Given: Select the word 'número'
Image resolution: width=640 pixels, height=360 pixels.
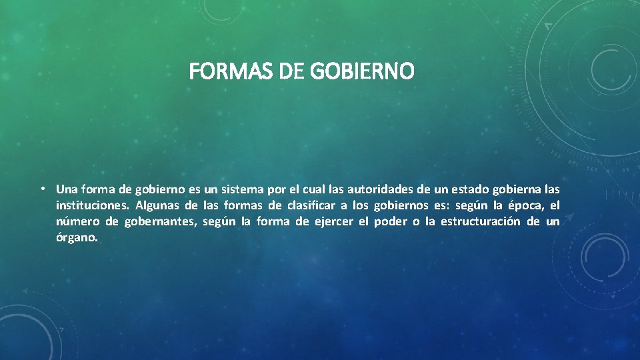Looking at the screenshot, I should tap(77, 221).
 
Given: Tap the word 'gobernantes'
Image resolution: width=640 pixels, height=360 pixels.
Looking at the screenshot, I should tap(160, 221).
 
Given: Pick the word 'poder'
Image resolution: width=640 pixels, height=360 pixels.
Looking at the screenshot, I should tap(390, 221).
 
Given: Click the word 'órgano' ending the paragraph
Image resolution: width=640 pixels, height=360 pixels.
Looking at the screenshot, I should tap(77, 238).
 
